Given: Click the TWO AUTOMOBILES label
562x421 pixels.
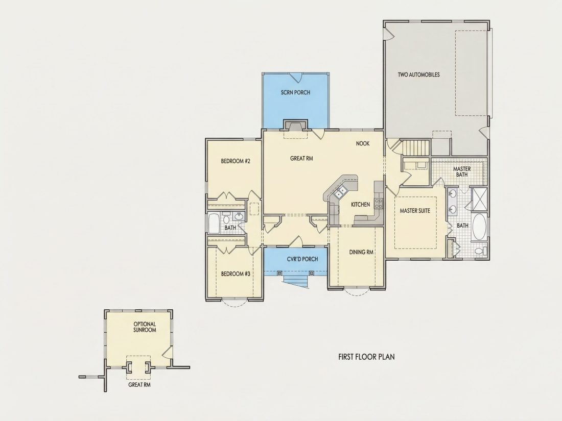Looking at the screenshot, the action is click(418, 75).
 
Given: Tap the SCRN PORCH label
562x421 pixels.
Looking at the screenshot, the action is click(295, 92).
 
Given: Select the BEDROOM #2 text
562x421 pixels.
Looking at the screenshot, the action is click(235, 161).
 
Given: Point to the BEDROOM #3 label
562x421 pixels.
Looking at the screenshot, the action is click(236, 274).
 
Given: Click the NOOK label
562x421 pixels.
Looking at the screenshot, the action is click(363, 143).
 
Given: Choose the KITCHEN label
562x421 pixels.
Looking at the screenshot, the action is click(360, 205).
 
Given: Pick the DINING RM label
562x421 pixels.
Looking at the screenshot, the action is click(361, 252).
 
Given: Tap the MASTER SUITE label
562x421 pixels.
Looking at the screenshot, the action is click(415, 211).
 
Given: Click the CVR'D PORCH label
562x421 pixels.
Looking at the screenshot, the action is click(302, 259).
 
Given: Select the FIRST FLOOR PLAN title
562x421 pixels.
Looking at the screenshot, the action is click(366, 357).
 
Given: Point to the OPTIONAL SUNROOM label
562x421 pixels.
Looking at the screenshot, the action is click(145, 327).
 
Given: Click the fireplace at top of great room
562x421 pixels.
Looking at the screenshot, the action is click(296, 126).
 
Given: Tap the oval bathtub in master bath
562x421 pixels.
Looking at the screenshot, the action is click(479, 227).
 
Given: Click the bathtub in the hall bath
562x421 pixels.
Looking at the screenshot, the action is click(214, 224).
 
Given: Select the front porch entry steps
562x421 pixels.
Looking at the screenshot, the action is click(295, 281).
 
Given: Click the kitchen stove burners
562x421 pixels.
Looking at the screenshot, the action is click(379, 203).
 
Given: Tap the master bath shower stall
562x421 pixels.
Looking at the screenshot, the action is click(479, 199).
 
